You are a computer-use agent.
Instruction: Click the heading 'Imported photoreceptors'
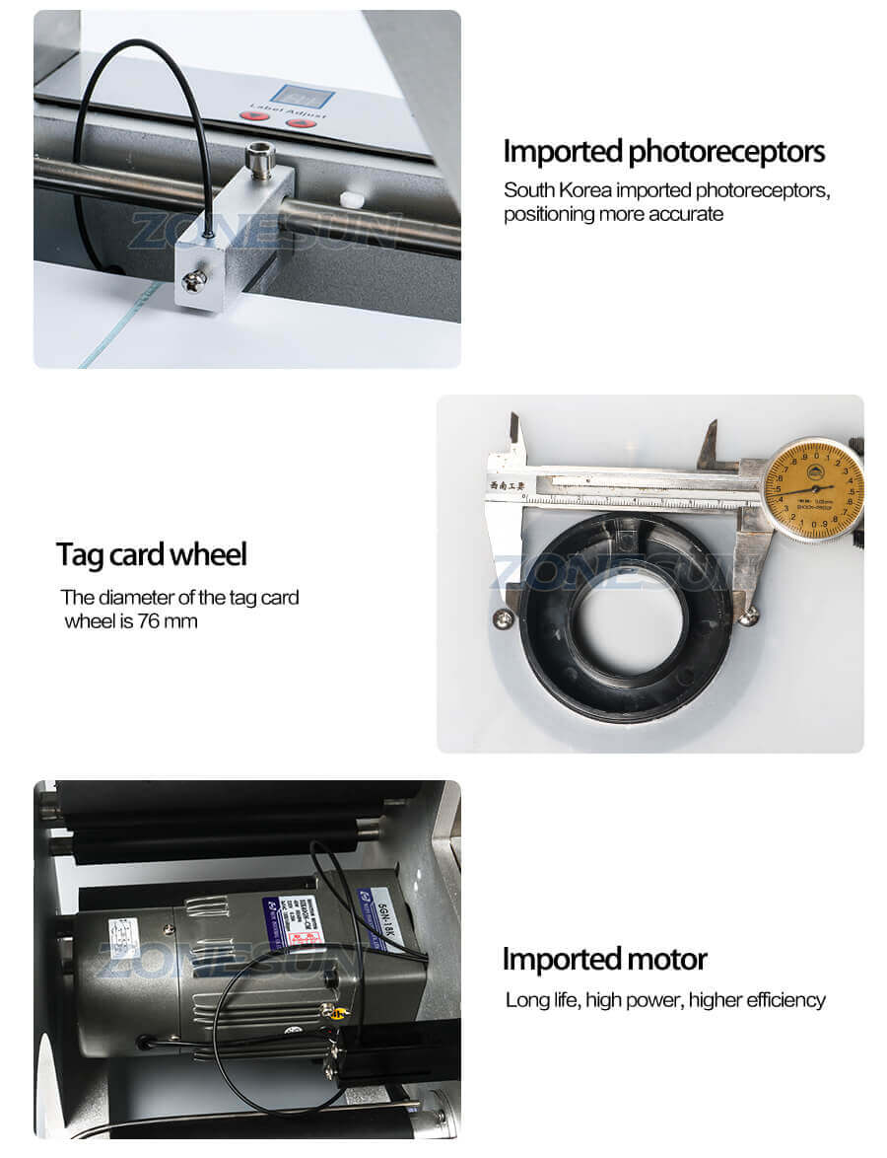[663, 152]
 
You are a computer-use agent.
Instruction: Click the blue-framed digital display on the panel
[303, 97]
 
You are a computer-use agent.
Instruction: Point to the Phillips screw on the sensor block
[195, 282]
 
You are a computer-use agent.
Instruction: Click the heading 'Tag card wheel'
[151, 554]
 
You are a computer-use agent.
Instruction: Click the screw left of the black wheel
[504, 618]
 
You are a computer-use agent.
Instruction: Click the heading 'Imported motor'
[604, 959]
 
